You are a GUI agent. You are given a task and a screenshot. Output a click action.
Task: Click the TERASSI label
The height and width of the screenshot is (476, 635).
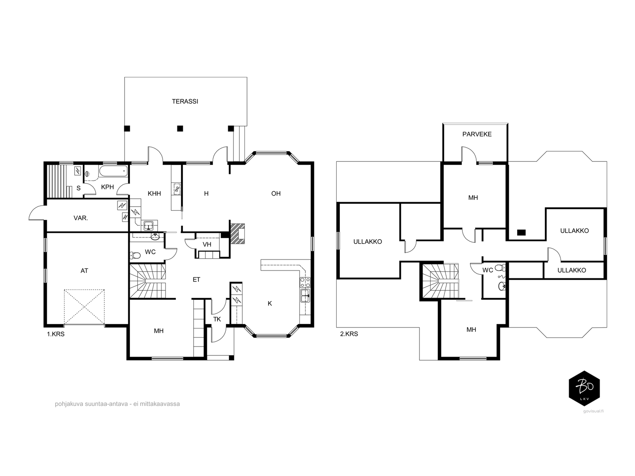pyautogui.click(x=185, y=102)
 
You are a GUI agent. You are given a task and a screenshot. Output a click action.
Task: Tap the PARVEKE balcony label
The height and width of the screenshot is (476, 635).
pyautogui.click(x=477, y=134)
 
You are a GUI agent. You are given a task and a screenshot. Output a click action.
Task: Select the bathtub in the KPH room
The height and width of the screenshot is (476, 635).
pyautogui.click(x=113, y=171)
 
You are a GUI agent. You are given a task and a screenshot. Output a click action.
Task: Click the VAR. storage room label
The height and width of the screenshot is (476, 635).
pyautogui.click(x=81, y=218)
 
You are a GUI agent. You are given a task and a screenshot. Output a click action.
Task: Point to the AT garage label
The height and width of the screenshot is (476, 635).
pyautogui.click(x=84, y=271)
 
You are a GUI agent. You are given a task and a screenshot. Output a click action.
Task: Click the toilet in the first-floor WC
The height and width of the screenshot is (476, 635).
pyautogui.click(x=135, y=255)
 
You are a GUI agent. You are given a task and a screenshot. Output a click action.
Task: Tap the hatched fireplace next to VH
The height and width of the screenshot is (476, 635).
pyautogui.click(x=237, y=233)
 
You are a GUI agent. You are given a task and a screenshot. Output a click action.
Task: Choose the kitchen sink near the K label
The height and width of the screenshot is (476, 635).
pyautogui.click(x=305, y=296)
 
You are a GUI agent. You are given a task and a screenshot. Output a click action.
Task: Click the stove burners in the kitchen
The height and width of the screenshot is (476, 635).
pyautogui.click(x=305, y=282)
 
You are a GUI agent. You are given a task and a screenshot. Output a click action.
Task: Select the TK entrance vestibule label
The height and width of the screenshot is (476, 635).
pyautogui.click(x=217, y=319)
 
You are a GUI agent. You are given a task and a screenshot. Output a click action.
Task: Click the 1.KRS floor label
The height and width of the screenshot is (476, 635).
pyautogui.click(x=56, y=334)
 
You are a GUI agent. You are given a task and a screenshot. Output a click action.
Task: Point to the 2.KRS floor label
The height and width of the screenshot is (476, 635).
pyautogui.click(x=349, y=334)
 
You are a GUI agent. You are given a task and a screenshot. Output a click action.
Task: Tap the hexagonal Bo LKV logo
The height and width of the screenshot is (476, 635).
pyautogui.click(x=584, y=388)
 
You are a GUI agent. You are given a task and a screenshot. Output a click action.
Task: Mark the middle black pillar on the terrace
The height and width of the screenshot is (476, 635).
pyautogui.click(x=180, y=128)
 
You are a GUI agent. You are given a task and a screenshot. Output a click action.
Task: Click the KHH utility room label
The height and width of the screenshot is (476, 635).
pyautogui.click(x=154, y=194)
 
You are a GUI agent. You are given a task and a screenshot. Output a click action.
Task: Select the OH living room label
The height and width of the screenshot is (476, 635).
pyautogui.click(x=276, y=194)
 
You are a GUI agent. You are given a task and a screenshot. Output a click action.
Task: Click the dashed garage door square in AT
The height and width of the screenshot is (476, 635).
pyautogui.click(x=84, y=307)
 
